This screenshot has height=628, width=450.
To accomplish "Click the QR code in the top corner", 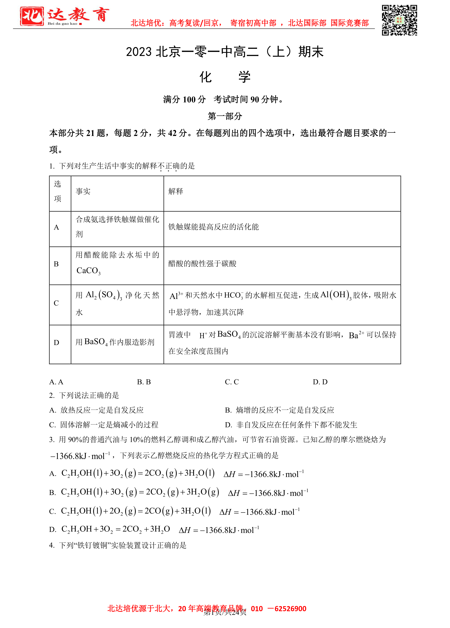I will tap(399, 20).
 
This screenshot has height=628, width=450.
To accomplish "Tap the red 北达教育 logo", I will tap(64, 16).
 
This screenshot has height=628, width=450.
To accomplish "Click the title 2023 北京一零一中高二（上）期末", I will tap(225, 52).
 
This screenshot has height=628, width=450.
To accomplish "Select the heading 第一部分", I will tap(225, 116).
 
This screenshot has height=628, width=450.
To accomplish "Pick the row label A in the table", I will tap(56, 228).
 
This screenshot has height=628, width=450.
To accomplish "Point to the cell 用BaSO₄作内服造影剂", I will tap(115, 342).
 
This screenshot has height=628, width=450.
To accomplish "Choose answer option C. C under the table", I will tap(232, 382).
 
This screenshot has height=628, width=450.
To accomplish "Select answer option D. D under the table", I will tap(320, 382).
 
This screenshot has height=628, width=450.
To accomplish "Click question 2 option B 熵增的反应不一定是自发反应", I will tap(279, 410).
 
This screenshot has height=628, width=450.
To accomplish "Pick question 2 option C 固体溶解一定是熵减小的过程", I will tap(104, 425).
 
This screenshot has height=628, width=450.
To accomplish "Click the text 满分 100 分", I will tap(184, 99).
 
